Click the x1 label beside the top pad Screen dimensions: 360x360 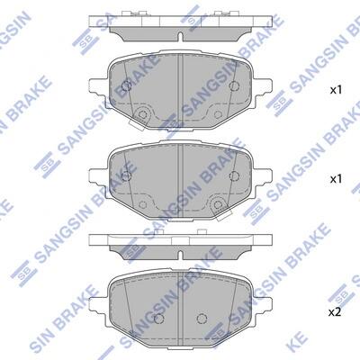point(336,90)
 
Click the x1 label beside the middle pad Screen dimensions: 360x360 point(336,179)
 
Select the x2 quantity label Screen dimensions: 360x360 point(335,312)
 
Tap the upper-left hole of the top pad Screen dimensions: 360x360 point(127,85)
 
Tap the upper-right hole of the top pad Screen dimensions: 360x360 point(234,85)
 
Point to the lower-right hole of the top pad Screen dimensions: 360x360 point(218,114)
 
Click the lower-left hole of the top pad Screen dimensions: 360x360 point(142,114)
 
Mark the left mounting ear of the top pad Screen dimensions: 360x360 point(98,85)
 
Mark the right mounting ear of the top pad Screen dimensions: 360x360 point(263,85)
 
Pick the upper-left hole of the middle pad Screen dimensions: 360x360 point(127,175)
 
